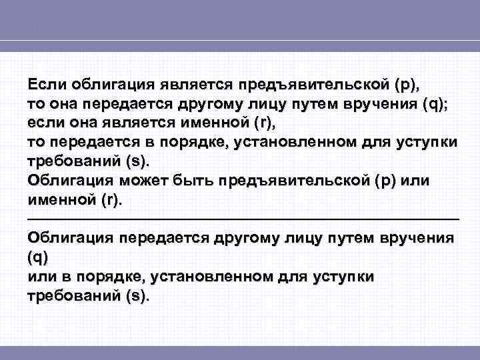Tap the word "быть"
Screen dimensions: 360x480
pyautogui.click(x=215, y=181)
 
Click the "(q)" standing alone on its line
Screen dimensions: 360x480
pyautogui.click(x=37, y=257)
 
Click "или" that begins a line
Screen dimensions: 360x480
pyautogui.click(x=39, y=276)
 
